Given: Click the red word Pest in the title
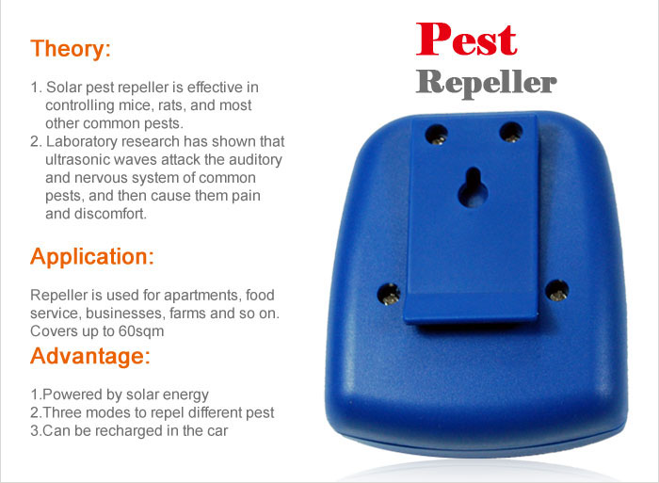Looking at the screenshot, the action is pos(467,40).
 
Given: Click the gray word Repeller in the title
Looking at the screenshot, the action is pos(487,83).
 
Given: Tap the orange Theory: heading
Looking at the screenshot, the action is pos(71,48).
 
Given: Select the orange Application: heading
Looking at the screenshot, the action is pos(92,257).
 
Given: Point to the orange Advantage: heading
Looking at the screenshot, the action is pos(90,356).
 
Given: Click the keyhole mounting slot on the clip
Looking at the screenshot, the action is pos(474,187).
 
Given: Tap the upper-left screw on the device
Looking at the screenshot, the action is pos(437,135).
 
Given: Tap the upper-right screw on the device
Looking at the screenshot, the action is pos(510,133).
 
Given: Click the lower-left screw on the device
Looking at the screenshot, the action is pos(389,294).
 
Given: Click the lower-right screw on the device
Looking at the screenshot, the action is pos(557,291).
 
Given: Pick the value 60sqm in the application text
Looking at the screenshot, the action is pos(141,331).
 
